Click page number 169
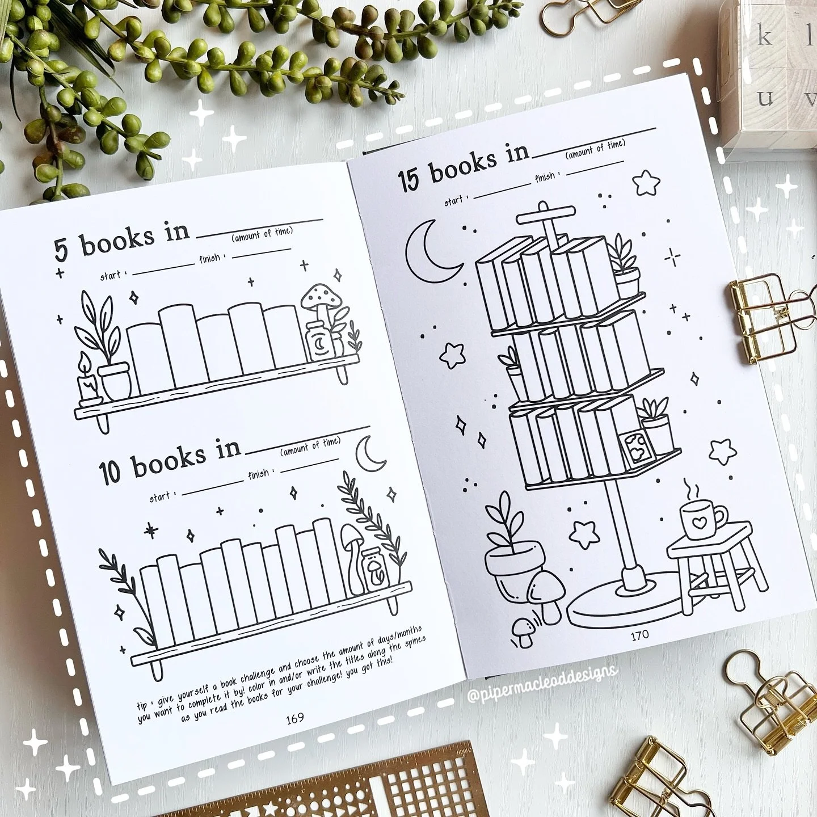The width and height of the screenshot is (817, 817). pyautogui.click(x=295, y=718)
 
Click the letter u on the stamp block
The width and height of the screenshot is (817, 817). pyautogui.click(x=765, y=100)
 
